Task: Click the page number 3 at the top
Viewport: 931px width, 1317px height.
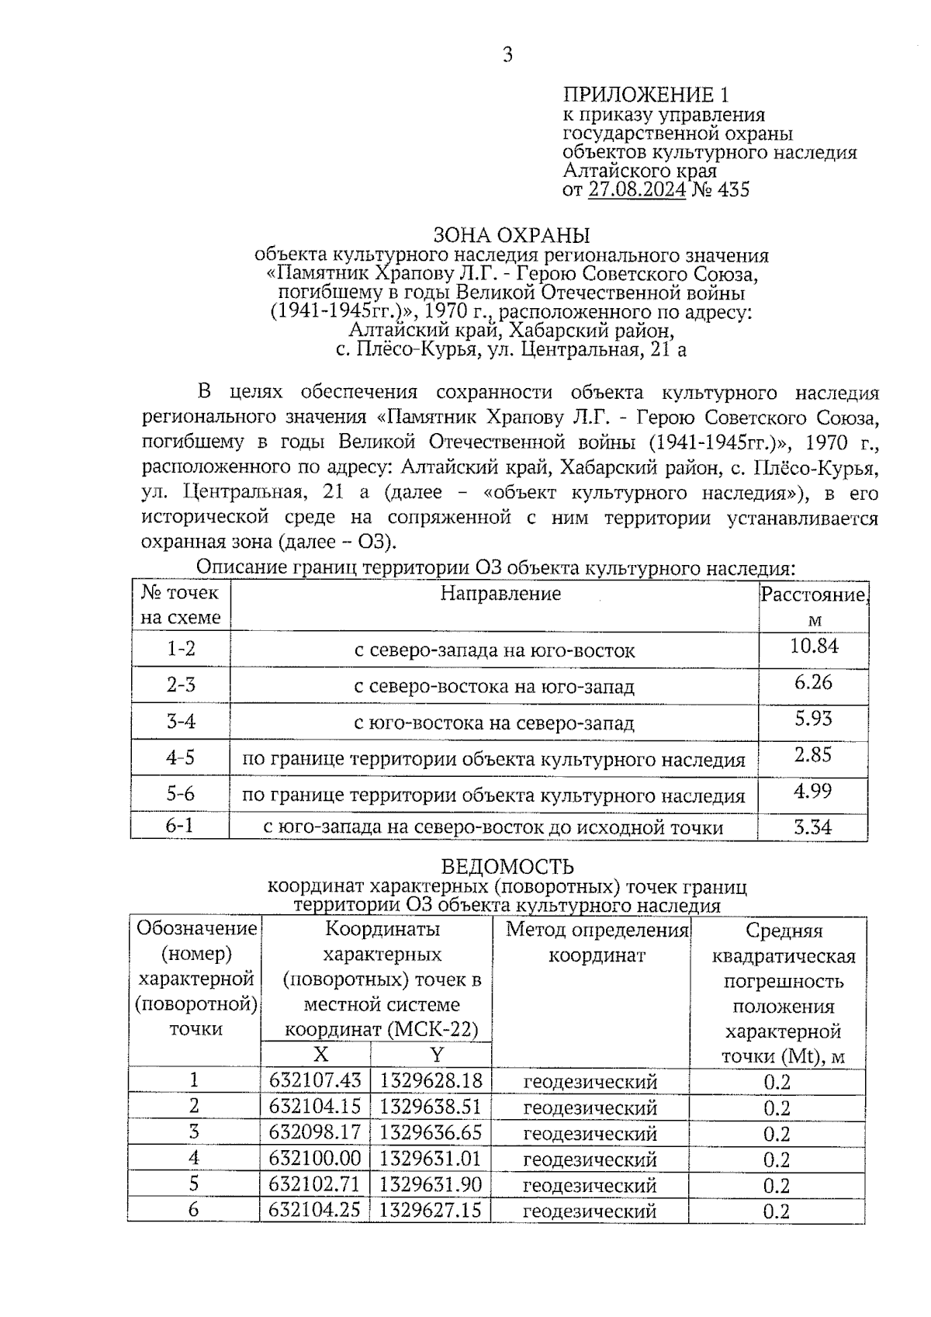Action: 507,55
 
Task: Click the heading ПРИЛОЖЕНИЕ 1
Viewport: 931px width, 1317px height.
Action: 645,95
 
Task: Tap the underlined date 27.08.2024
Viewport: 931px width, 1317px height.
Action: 636,189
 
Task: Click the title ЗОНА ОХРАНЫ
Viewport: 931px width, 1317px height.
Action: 511,235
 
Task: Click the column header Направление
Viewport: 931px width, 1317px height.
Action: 500,594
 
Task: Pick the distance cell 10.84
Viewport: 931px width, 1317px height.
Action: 813,646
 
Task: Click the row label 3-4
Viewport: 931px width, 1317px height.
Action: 181,722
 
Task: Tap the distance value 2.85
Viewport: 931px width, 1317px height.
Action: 813,754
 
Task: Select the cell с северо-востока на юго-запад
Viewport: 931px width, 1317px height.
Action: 494,687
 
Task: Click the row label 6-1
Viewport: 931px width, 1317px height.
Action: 180,825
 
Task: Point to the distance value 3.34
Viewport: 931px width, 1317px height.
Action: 812,827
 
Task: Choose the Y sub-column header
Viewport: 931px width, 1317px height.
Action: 437,1054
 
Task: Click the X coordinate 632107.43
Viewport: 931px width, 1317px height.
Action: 315,1080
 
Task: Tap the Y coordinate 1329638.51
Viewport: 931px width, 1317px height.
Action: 431,1107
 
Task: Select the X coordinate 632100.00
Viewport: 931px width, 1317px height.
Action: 315,1159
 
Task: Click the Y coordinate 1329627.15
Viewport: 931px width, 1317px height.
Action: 431,1210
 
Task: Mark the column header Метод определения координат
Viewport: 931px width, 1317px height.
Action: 597,942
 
